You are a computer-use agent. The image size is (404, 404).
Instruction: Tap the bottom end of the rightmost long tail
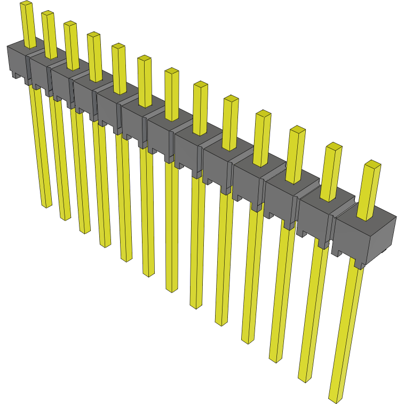(336, 398)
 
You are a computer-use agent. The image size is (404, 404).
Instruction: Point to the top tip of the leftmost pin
(26, 4)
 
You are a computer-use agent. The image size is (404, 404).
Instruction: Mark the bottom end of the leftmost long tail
(47, 204)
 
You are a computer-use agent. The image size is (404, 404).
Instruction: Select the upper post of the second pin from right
(331, 171)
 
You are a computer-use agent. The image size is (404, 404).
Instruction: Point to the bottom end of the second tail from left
(65, 217)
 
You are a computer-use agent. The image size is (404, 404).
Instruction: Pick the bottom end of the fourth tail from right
(248, 340)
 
